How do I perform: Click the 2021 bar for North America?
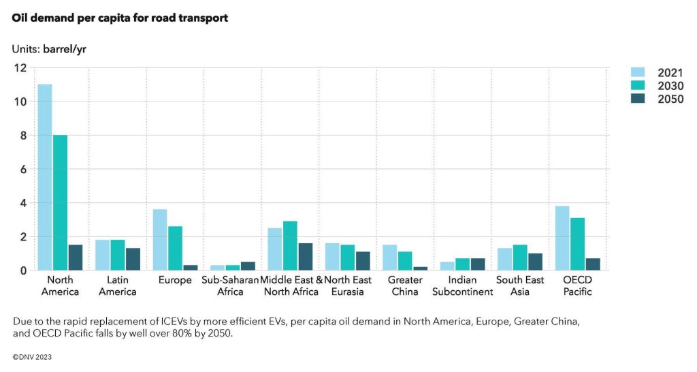[45, 177]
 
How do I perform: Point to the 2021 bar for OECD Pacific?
[562, 238]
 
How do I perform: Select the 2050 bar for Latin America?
[133, 259]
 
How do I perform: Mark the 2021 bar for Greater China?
[389, 258]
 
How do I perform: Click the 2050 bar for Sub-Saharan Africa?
[248, 266]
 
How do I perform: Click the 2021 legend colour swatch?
[638, 73]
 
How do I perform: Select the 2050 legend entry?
[670, 99]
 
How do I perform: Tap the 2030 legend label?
[670, 86]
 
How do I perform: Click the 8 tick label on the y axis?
[22, 136]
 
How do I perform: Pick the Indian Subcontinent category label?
[463, 286]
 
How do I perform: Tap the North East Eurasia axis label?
[348, 286]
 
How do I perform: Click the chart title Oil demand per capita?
[120, 18]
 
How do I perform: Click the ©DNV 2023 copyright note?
[32, 356]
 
